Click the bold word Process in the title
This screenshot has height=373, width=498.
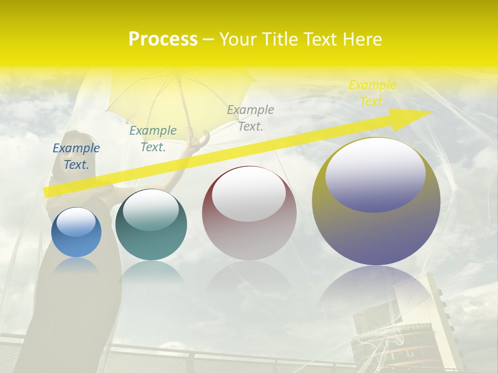[x=163, y=39]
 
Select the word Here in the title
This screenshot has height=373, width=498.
[x=361, y=39]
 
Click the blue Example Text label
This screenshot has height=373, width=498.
[x=76, y=156]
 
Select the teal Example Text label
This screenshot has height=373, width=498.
[x=153, y=139]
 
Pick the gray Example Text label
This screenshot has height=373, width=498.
[x=251, y=118]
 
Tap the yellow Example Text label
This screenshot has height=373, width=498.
[x=372, y=93]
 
